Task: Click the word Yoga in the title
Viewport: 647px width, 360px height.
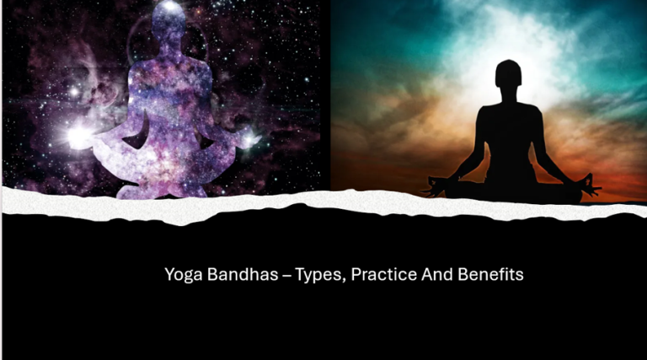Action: click(179, 275)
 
